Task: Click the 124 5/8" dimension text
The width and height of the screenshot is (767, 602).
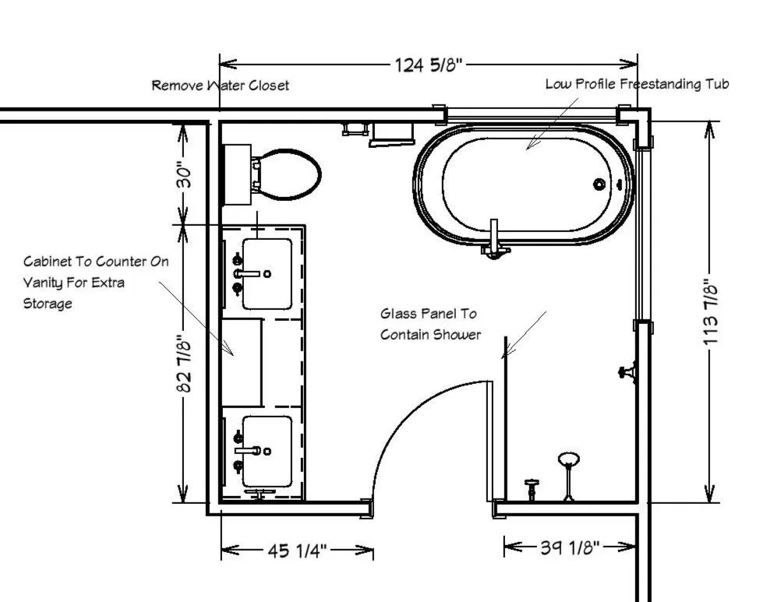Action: coord(428,65)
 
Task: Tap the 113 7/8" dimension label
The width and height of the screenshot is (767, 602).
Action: coord(711,312)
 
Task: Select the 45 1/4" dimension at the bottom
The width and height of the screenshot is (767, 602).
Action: coord(297,551)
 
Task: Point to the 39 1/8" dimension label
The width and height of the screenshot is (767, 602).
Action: coord(570,547)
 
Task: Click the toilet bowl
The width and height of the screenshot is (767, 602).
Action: coord(287,174)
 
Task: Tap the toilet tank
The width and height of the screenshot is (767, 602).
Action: coord(237,174)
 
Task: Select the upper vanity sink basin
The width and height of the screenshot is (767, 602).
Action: coord(267,273)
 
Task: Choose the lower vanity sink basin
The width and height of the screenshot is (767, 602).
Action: coord(267,451)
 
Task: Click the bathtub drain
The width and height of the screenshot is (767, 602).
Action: coord(599,185)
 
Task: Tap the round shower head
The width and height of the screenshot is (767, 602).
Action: coord(569,459)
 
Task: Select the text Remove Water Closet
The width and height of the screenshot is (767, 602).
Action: coord(220,86)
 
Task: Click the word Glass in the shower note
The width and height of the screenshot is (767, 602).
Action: coord(398,313)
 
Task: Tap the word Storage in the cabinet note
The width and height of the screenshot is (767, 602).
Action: coord(48,304)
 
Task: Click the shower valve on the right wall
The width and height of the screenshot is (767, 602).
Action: coord(627,372)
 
